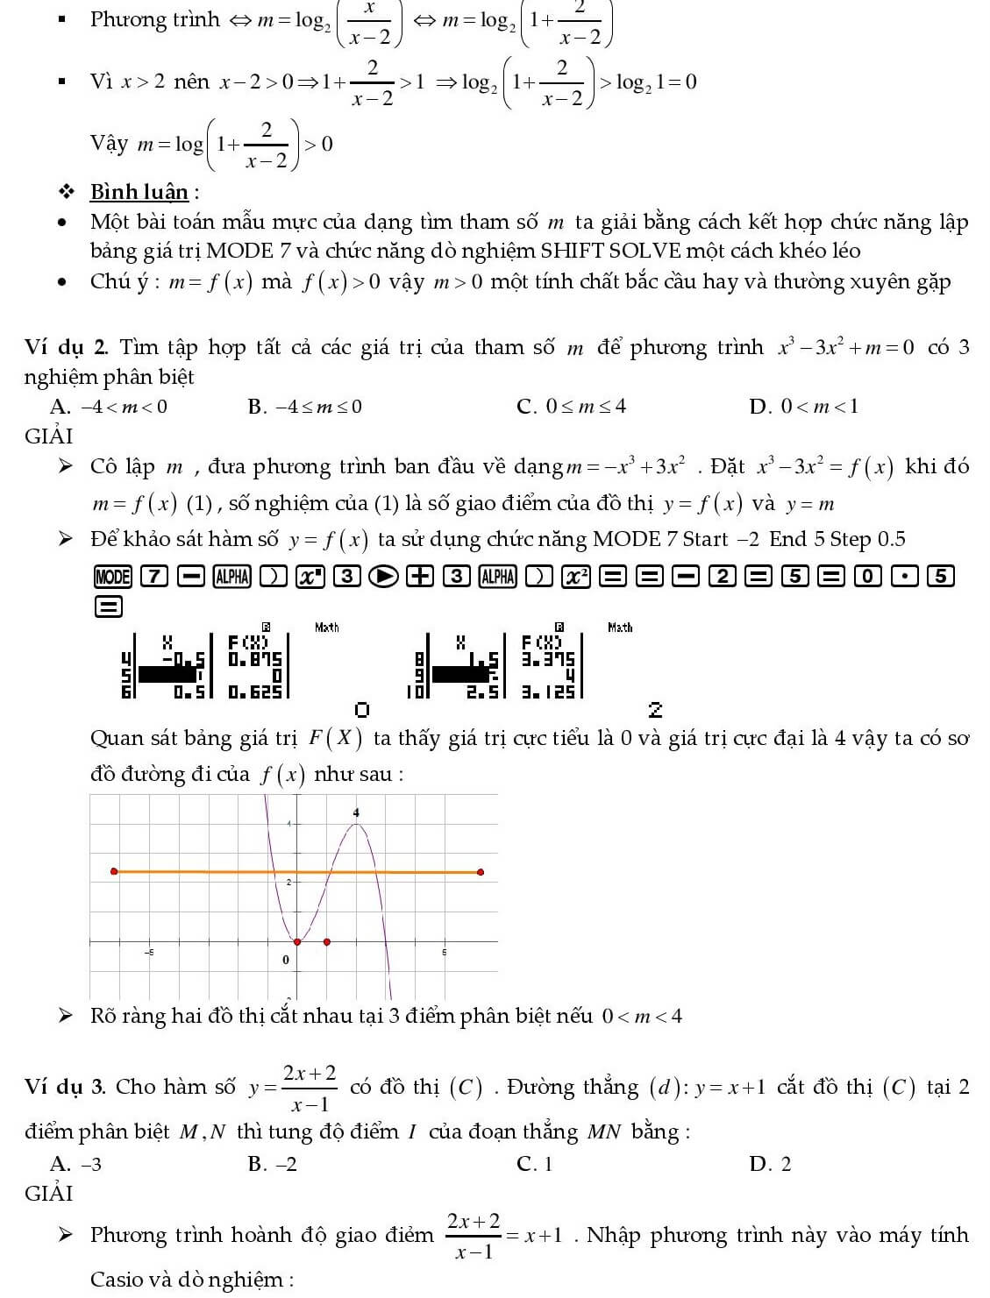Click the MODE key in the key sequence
click(x=112, y=577)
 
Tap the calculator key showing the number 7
click(x=153, y=577)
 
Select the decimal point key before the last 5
click(x=904, y=577)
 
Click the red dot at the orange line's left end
click(x=113, y=871)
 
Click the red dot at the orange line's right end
click(x=481, y=872)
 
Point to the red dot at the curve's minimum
click(x=297, y=942)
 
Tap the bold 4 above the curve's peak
click(x=356, y=813)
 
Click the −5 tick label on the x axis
click(x=149, y=952)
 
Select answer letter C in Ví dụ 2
click(x=527, y=407)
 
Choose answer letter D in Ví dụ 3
click(x=759, y=1164)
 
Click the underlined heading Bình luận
click(x=139, y=192)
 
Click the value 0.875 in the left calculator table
click(x=255, y=659)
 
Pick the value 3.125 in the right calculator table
click(x=549, y=692)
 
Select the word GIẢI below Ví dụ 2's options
click(x=49, y=436)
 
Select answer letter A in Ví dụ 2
click(x=60, y=407)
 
